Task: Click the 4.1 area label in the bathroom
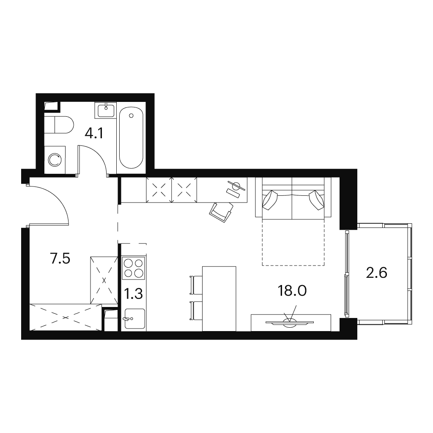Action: tap(94, 134)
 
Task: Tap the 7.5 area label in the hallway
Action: tap(60, 259)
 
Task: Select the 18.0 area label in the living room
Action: tap(292, 291)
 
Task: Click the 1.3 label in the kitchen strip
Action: tap(133, 294)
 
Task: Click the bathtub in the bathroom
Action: tap(131, 137)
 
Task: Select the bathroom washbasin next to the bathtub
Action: tap(105, 110)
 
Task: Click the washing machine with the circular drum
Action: tap(55, 160)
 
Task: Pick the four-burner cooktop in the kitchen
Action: tap(134, 268)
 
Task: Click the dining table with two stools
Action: tap(219, 299)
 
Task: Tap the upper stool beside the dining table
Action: tap(196, 285)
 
